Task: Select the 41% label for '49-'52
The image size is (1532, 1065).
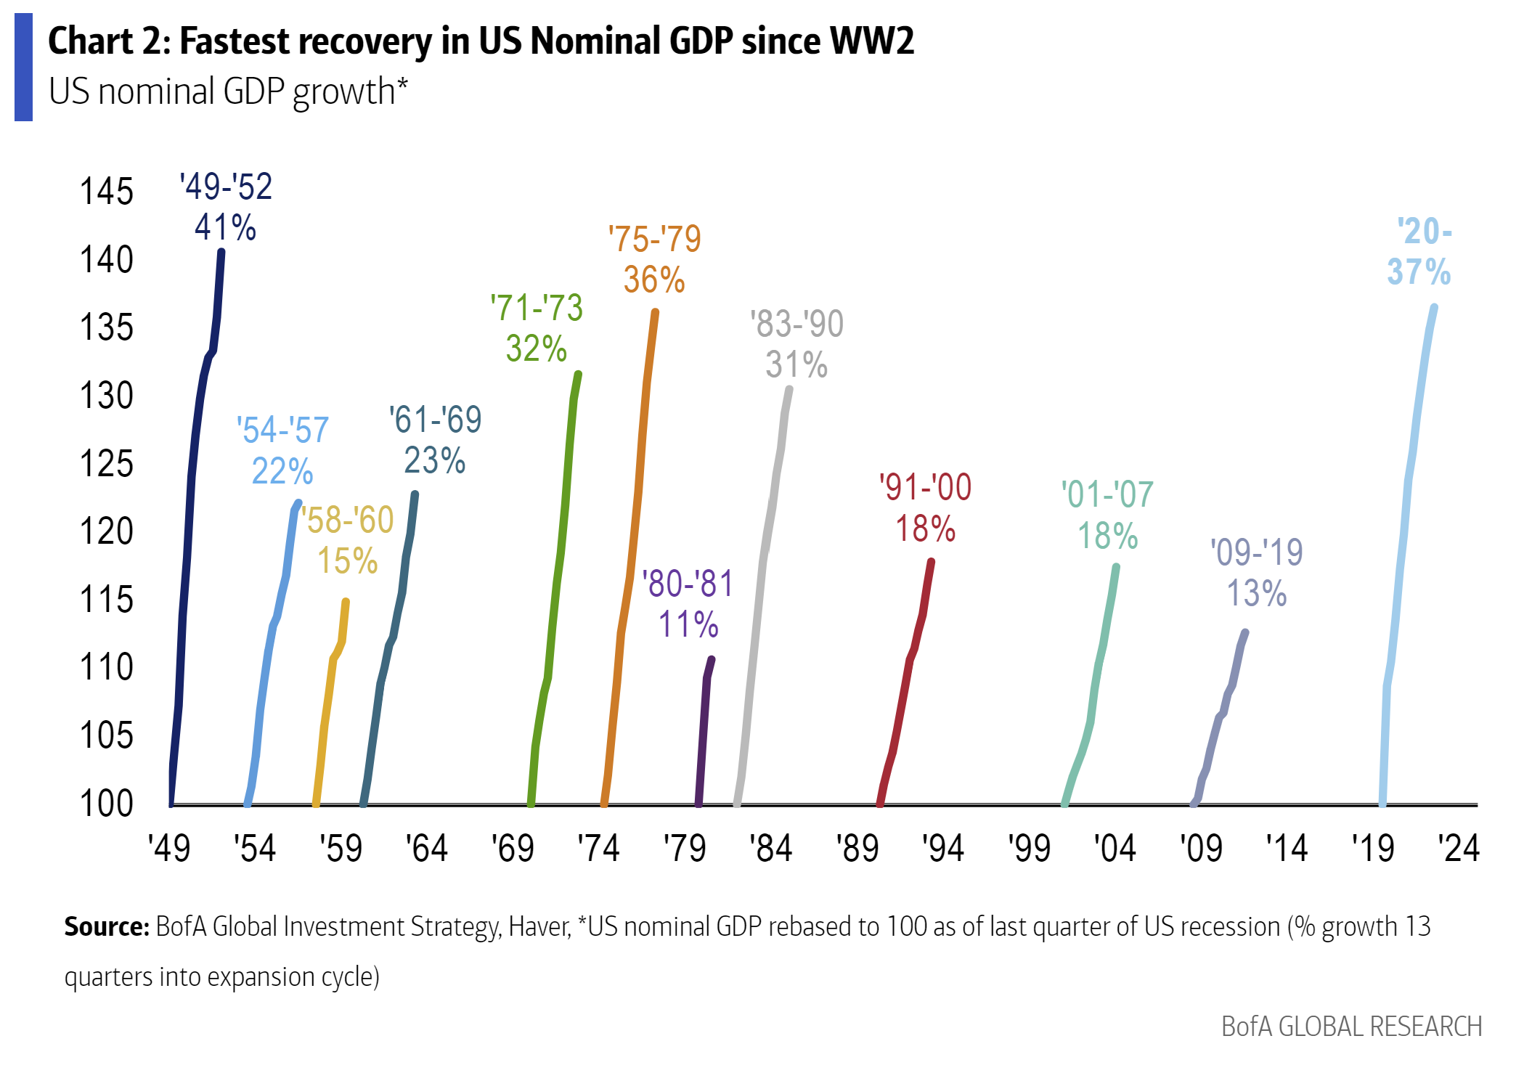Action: tap(225, 227)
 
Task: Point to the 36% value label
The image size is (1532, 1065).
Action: tap(653, 279)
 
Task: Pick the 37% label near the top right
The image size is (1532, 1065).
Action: tap(1419, 272)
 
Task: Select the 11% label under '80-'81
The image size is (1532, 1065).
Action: tap(688, 624)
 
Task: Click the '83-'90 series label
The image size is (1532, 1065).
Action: tap(796, 324)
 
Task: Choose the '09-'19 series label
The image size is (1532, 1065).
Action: tap(1257, 552)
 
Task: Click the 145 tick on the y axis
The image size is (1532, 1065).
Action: tap(107, 192)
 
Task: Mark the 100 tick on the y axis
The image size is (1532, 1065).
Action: tap(107, 804)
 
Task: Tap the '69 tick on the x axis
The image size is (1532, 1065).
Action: tap(513, 848)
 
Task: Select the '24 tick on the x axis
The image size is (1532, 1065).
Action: tap(1459, 848)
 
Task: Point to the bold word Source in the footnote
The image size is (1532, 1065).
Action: tap(106, 927)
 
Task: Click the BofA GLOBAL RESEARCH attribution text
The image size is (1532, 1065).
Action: tap(1351, 1027)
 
